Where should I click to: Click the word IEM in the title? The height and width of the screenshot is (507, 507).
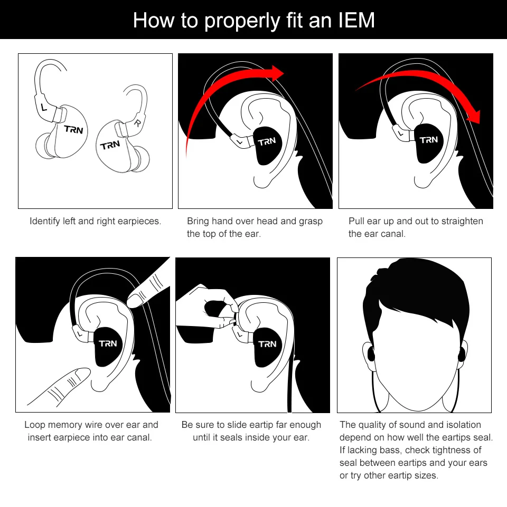click(x=356, y=20)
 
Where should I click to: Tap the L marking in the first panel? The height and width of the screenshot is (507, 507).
click(x=44, y=107)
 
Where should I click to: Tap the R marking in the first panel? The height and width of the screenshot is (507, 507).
click(x=138, y=123)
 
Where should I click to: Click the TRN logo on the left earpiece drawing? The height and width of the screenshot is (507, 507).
click(x=73, y=129)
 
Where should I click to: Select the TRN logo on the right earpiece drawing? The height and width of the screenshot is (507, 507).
click(x=110, y=145)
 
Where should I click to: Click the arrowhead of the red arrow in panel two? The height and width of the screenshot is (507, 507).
click(x=277, y=73)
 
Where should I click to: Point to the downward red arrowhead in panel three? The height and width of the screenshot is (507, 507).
click(x=474, y=117)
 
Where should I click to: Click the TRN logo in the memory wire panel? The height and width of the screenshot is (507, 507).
click(x=108, y=343)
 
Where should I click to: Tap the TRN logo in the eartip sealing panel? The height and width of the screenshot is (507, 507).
click(x=267, y=344)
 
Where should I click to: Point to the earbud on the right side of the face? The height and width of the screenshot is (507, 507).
click(x=462, y=355)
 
